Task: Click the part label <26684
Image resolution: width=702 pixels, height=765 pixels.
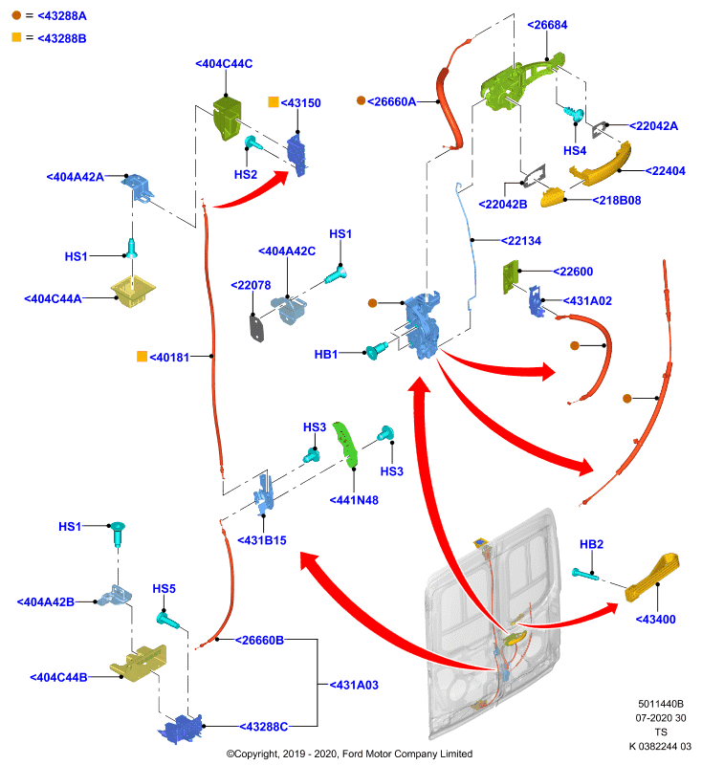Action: point(547,25)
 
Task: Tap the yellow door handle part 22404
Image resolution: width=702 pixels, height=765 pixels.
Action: point(601,164)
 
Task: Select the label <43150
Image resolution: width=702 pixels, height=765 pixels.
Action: point(300,103)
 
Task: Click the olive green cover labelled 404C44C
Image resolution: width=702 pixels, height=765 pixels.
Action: point(228,119)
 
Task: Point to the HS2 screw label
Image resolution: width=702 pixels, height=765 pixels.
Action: point(246,175)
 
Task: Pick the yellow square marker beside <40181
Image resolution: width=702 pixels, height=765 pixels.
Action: point(142,357)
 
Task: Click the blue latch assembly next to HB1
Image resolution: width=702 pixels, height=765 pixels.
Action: point(422,324)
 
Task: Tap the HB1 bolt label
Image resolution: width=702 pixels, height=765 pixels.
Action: point(326,354)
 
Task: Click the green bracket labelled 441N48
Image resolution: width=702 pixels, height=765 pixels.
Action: point(346,445)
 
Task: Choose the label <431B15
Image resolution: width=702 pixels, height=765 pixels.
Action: point(261,540)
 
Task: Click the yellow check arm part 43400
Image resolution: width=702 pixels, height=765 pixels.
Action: point(651,578)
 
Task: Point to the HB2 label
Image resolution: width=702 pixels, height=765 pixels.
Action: point(591,544)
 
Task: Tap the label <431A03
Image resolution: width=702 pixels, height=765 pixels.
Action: point(354,685)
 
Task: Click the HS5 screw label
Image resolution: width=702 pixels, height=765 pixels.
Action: point(164,589)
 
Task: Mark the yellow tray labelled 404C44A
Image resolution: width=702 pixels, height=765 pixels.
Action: point(133,291)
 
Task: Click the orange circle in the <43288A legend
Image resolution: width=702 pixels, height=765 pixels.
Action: point(16,15)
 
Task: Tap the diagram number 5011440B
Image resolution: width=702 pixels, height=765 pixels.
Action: point(661,704)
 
